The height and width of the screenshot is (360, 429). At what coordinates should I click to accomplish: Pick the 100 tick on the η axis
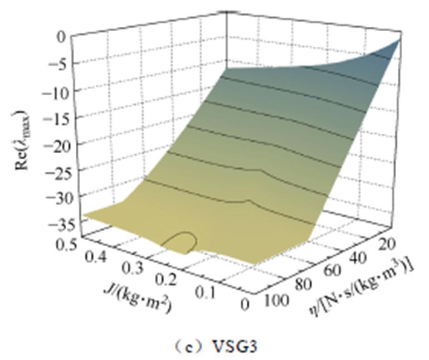point(276,301)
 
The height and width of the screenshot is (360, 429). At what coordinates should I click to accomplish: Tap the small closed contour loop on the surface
point(181,242)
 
